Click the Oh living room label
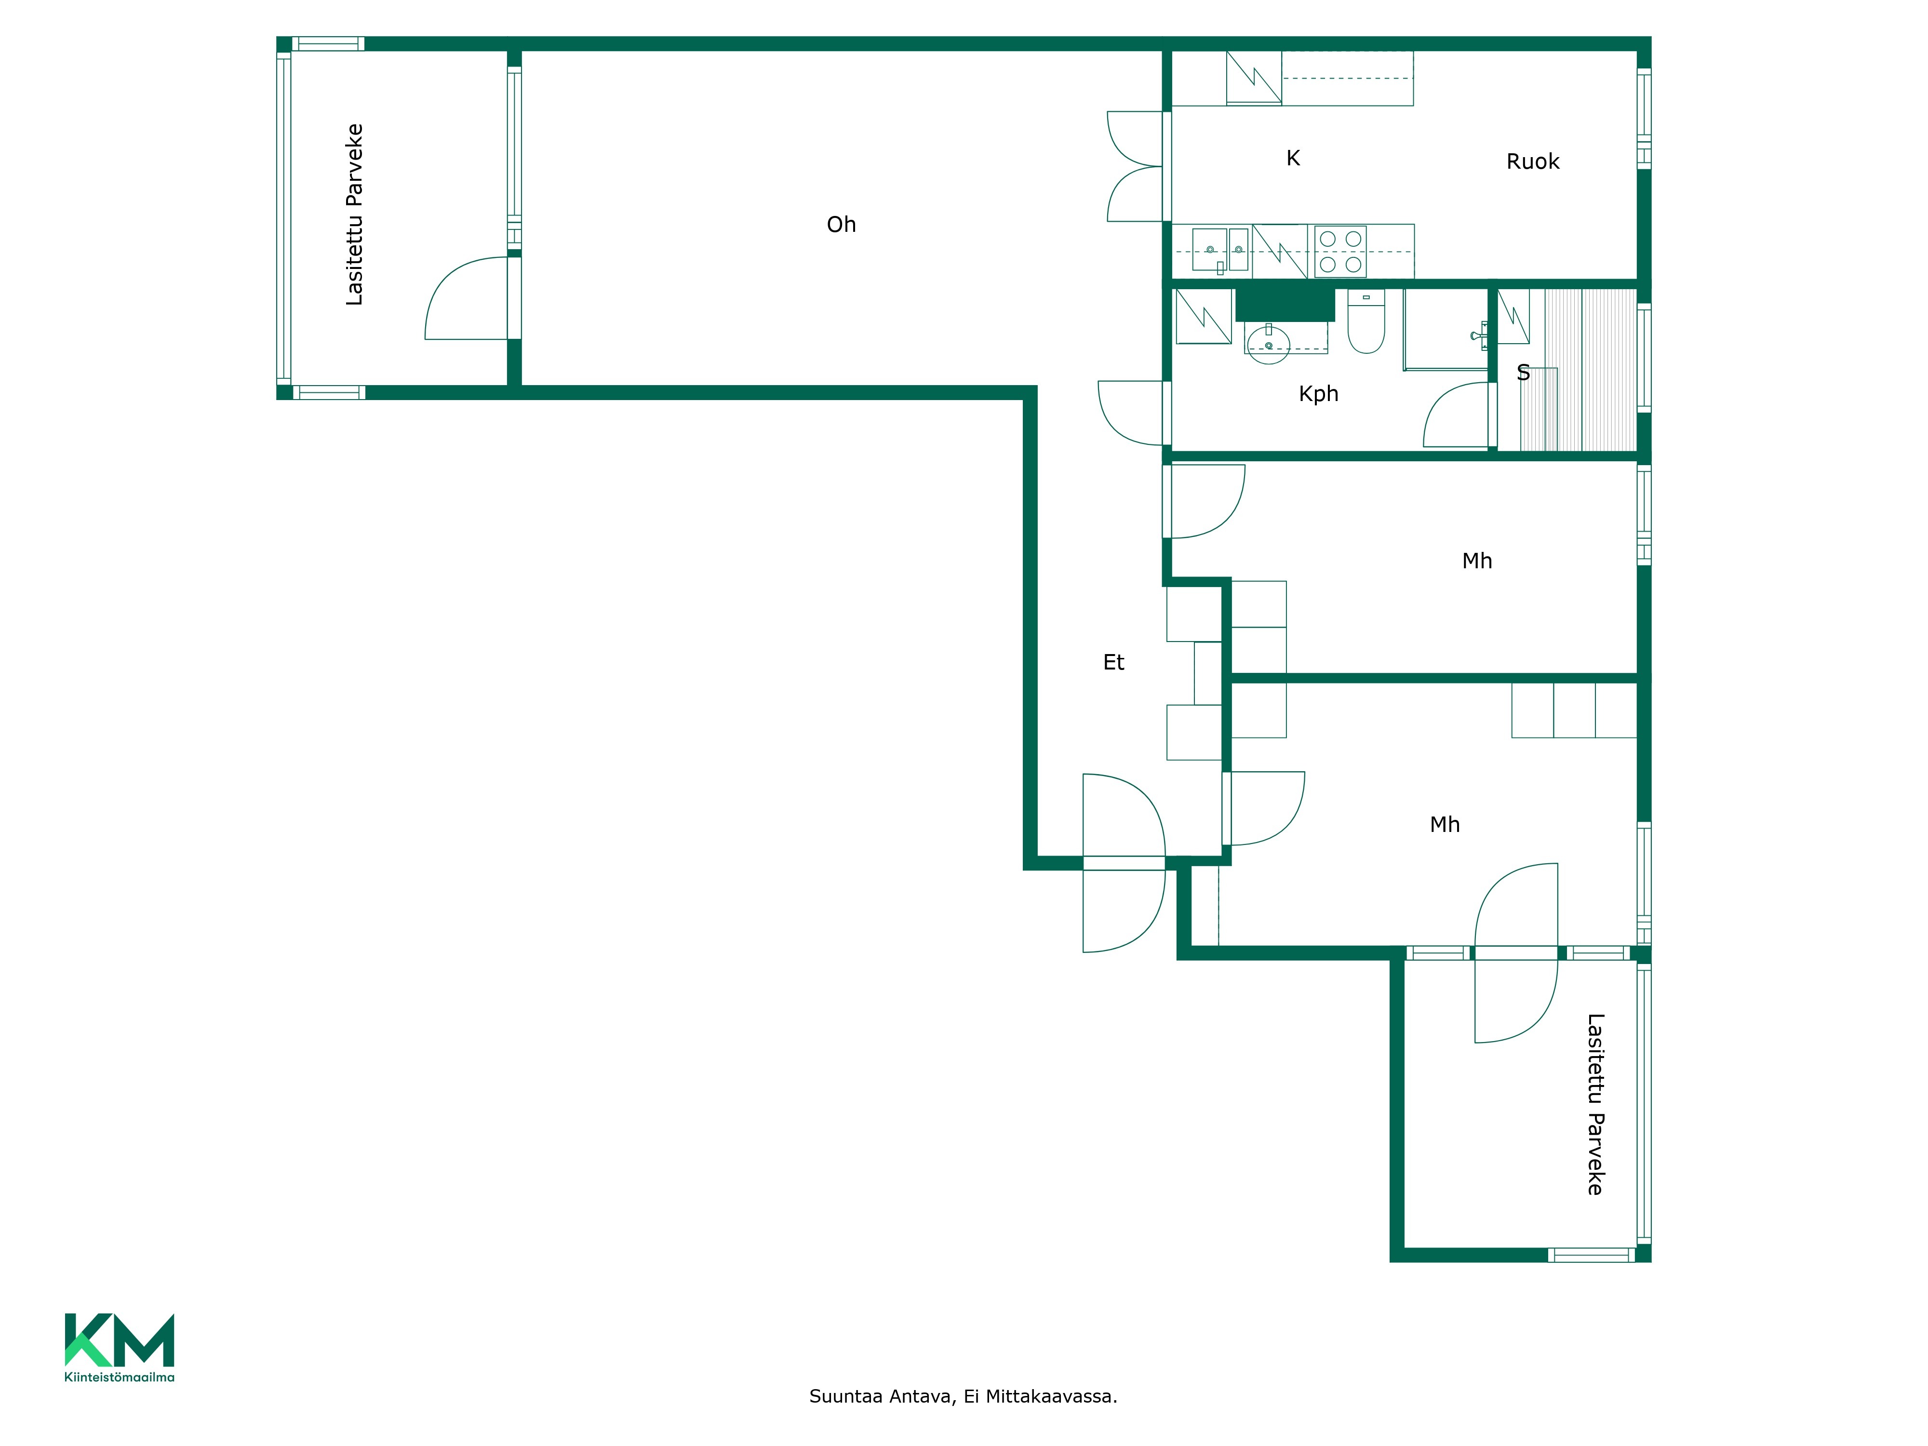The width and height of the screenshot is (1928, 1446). coord(841,225)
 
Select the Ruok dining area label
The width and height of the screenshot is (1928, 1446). coord(1533,161)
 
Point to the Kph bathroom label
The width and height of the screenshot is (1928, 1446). coord(1319,394)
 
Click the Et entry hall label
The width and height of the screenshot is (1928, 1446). coord(1114,662)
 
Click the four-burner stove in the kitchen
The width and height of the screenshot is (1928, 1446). coord(1340,251)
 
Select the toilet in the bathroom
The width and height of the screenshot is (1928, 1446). coord(1366,321)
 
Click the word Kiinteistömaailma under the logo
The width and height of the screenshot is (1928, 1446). coord(120,1377)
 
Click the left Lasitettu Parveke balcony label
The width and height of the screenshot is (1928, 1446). coord(354,214)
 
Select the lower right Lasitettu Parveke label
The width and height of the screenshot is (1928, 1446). coord(1595,1103)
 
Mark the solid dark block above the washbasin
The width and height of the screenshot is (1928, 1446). coord(1285,305)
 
